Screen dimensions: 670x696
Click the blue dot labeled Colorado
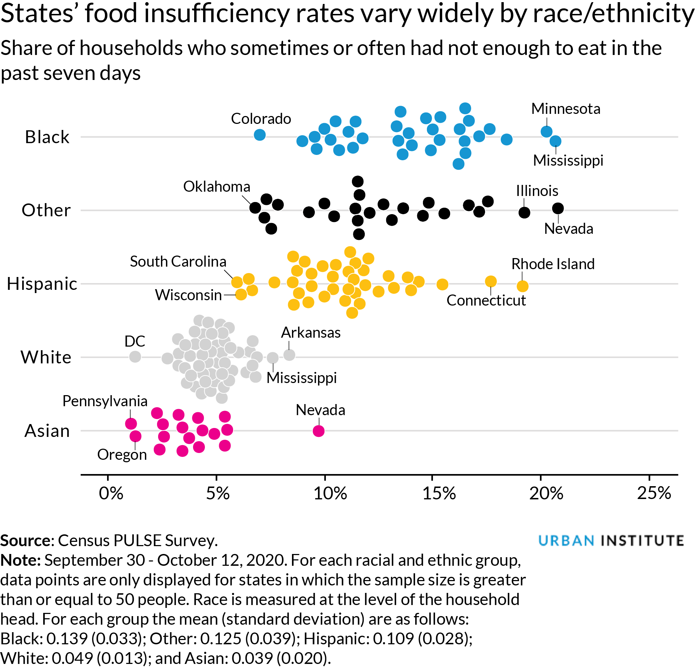tap(259, 135)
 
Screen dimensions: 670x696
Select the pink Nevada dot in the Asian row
tap(318, 431)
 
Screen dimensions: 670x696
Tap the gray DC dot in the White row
tap(135, 356)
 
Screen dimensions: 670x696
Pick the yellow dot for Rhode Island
tap(522, 286)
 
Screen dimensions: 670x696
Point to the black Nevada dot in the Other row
tap(558, 208)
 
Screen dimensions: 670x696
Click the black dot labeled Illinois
tap(524, 212)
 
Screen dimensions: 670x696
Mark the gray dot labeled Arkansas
tap(289, 355)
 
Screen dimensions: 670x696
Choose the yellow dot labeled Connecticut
tap(491, 281)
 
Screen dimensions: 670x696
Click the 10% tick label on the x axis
tap(330, 494)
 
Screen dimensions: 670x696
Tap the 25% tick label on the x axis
tap(654, 494)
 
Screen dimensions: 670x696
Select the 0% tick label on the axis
tap(111, 494)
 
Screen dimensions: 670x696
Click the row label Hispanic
tap(42, 284)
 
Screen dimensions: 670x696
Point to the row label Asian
tap(47, 431)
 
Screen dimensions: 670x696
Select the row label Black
tap(47, 137)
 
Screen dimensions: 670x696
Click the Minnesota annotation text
tap(565, 109)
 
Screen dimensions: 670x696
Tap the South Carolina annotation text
tap(178, 262)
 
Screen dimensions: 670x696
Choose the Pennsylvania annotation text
tap(105, 401)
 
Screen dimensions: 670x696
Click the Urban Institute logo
tap(611, 540)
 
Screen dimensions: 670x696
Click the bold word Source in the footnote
tap(26, 540)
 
